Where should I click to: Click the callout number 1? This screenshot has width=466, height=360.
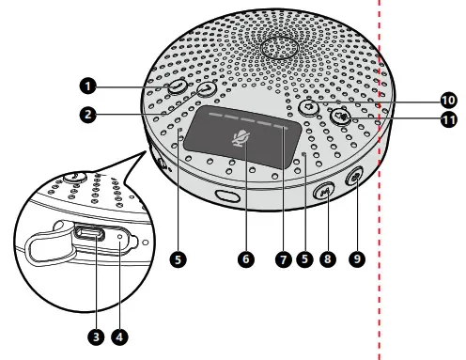(88, 86)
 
